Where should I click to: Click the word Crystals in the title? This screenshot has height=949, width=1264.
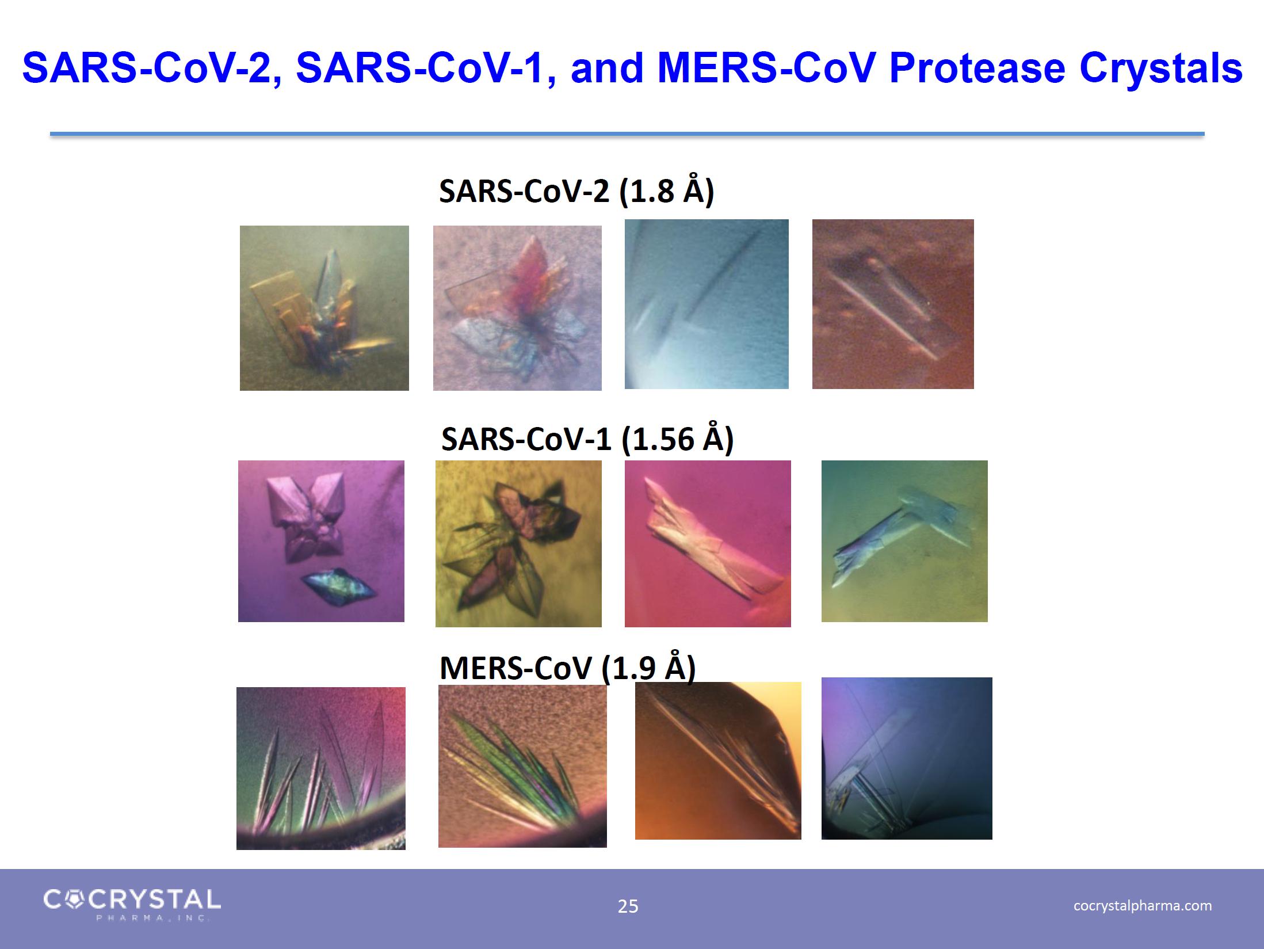(x=1160, y=68)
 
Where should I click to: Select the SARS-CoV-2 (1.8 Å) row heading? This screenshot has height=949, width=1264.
(x=576, y=191)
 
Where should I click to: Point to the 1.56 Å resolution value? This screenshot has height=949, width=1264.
(x=677, y=440)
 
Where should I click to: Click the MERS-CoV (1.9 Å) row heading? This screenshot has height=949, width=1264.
(x=567, y=668)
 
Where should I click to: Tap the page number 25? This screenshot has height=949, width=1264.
(x=628, y=906)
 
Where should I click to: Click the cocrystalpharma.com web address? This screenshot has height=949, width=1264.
(x=1143, y=905)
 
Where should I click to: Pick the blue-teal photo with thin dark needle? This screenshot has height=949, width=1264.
(x=707, y=304)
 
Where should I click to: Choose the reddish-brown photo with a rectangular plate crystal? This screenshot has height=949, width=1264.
(x=893, y=304)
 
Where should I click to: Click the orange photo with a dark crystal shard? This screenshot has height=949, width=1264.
(x=718, y=760)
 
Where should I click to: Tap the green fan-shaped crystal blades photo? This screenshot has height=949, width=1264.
(x=522, y=766)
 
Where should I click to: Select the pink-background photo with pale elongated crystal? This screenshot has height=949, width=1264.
(x=708, y=544)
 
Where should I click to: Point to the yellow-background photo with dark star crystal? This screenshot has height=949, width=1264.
(x=518, y=544)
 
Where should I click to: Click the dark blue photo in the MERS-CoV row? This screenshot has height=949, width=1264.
(x=907, y=759)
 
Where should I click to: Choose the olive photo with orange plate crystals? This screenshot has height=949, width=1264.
(x=324, y=308)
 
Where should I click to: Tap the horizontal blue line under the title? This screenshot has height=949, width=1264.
(x=627, y=134)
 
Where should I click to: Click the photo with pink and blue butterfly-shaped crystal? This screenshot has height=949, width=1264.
(x=517, y=308)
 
